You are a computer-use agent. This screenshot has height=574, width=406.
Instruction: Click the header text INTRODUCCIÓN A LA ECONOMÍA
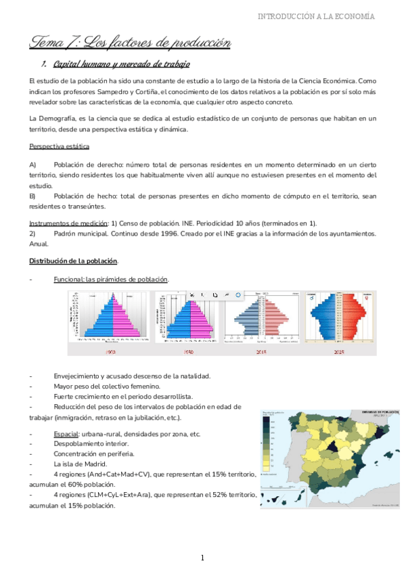(x=326, y=16)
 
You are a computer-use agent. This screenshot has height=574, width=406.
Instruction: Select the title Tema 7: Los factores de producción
(x=130, y=43)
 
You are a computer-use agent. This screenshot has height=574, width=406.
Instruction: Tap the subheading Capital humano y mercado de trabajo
(x=121, y=64)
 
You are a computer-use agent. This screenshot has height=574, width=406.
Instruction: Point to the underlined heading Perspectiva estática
(x=59, y=146)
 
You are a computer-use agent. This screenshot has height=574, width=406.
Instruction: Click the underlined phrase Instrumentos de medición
(x=68, y=223)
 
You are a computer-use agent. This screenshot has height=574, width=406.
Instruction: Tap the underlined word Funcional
(x=68, y=280)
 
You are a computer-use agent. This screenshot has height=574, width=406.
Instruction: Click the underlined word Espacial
(x=66, y=433)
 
